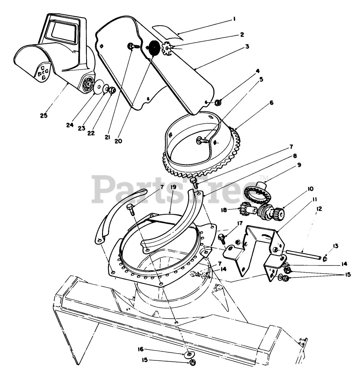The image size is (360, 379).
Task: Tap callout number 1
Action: click(x=234, y=19)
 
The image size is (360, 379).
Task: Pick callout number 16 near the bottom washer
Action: click(x=140, y=349)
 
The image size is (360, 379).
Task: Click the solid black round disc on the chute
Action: click(x=154, y=48)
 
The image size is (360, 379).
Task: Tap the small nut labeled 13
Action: click(x=325, y=259)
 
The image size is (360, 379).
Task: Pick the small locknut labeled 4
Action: click(x=218, y=103)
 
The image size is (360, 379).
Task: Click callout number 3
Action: click(x=247, y=46)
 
